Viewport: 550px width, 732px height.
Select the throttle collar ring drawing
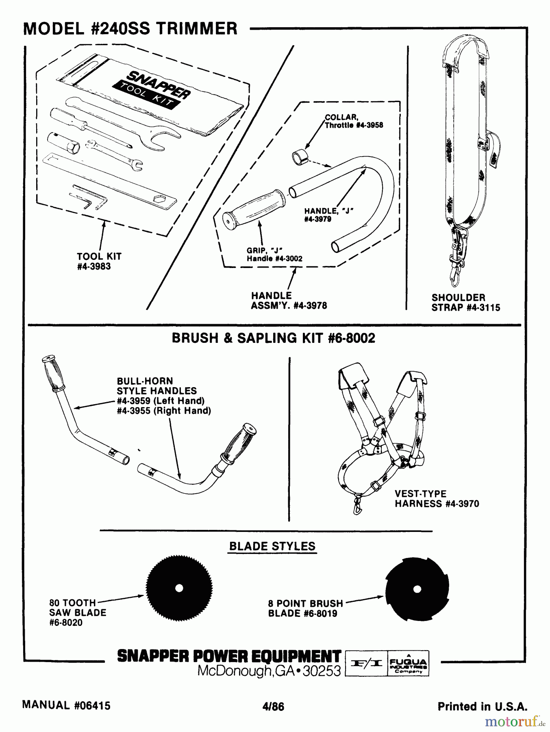coord(299,157)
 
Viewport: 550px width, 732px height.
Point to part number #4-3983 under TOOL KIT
coord(93,267)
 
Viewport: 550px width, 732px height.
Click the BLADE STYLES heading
coord(272,546)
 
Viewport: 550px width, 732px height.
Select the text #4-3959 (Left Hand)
coord(160,401)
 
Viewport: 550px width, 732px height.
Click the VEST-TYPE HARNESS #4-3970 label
coord(437,499)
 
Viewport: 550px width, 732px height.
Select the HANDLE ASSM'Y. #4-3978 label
coord(289,301)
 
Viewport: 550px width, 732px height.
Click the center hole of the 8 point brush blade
coord(415,589)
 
